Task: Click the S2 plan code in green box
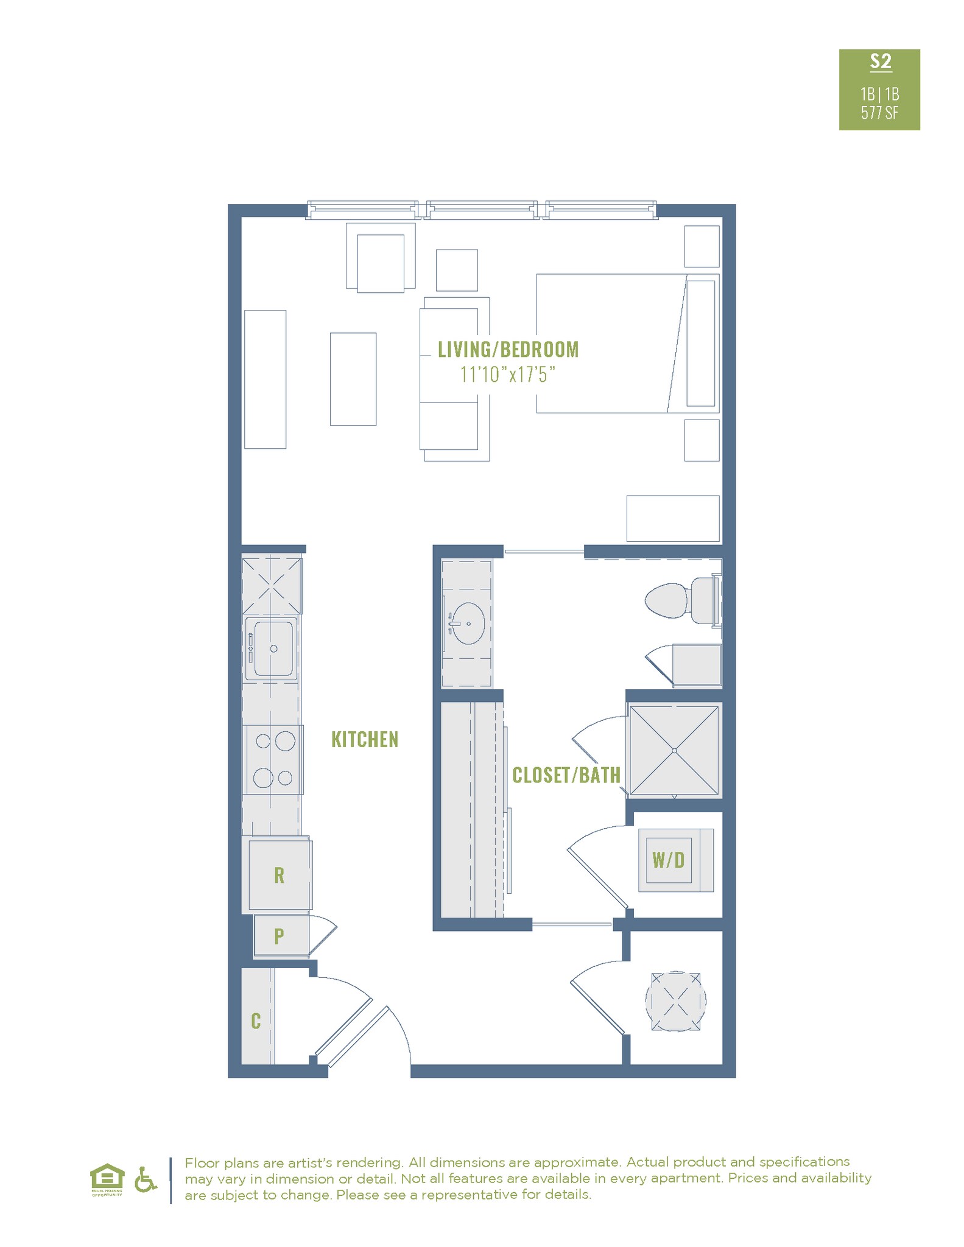880,61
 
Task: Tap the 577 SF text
879,113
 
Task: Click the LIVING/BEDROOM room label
508,350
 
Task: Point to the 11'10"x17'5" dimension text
508,374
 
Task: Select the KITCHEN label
365,740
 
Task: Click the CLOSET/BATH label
566,775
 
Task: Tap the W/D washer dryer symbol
669,860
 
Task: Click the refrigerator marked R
280,875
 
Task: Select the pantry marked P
280,936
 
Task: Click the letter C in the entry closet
256,1020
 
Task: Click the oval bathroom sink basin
467,623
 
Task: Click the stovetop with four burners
273,759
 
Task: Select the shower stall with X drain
674,751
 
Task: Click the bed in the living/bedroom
627,343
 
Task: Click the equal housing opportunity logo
107,1179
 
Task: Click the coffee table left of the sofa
353,379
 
